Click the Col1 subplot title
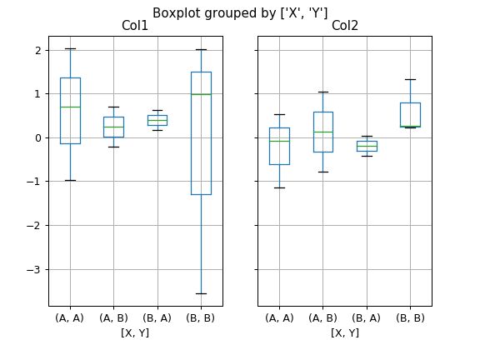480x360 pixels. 135,26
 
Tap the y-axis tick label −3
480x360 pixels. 37,269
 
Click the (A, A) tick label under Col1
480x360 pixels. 70,317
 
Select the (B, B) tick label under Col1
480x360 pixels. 201,317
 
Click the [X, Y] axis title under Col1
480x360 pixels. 135,332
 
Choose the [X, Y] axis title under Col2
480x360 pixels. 345,332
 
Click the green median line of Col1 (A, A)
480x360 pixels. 70,107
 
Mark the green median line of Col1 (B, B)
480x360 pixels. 201,94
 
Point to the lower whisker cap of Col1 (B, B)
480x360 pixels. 201,293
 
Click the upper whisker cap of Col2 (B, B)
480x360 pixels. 410,80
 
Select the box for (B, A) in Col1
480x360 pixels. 157,120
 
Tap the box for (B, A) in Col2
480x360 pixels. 367,146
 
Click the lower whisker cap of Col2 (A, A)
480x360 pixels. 280,187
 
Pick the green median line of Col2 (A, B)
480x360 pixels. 323,132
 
